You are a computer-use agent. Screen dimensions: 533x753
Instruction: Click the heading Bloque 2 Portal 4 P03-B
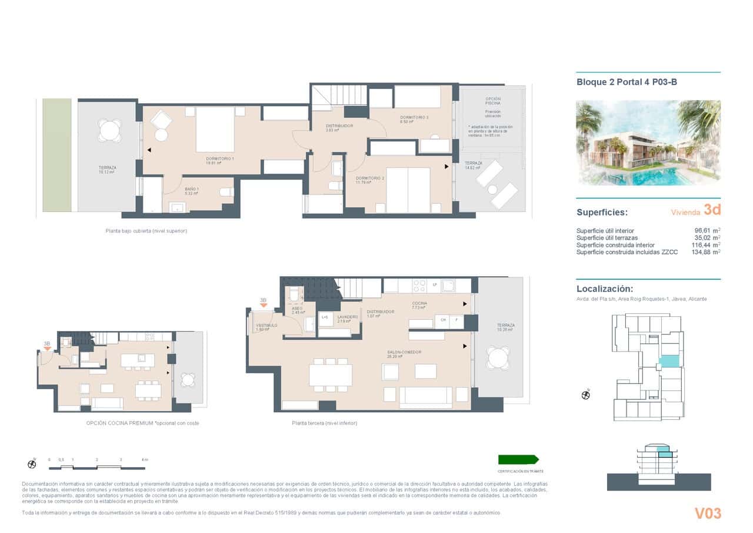point(627,82)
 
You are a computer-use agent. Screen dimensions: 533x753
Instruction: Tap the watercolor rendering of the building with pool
point(648,143)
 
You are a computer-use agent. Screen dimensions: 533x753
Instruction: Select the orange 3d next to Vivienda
point(712,210)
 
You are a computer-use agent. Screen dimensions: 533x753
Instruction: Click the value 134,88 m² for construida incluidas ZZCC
point(706,252)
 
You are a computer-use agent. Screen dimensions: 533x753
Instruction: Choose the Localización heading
point(605,289)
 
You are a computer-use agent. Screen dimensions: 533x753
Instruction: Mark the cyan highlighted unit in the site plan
point(668,362)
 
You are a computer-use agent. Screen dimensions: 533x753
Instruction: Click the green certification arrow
point(518,460)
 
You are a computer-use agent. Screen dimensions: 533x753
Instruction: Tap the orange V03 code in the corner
point(708,514)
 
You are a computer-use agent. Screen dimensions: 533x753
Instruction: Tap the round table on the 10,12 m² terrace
point(109,130)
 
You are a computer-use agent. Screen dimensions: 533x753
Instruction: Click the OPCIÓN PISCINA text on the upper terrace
point(493,101)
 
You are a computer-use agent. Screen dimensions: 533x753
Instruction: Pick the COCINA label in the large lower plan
point(419,304)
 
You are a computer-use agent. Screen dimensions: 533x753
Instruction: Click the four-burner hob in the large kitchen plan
point(419,286)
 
